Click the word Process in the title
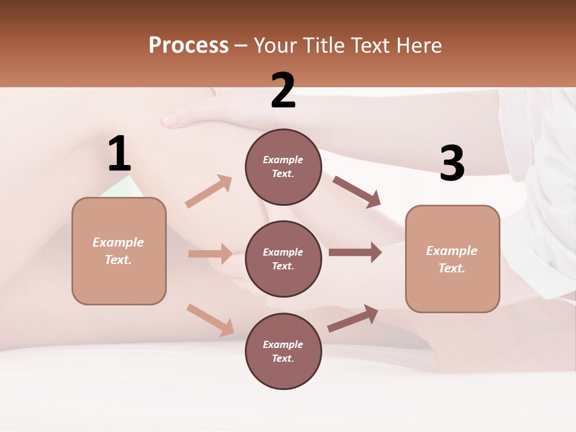pos(188,46)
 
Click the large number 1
pos(119,154)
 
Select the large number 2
pos(283,91)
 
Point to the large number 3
pos(452,163)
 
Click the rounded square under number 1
pos(119,251)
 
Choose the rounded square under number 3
pos(452,259)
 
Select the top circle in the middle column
pos(283,167)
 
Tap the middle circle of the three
pos(283,259)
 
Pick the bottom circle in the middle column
pos(283,351)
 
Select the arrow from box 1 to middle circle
pos(210,254)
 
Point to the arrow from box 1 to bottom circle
pos(210,320)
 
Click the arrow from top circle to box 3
pos(356,191)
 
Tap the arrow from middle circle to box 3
pos(355,253)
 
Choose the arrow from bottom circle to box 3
pos(353,319)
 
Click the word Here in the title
pos(418,46)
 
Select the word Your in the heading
pos(275,46)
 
